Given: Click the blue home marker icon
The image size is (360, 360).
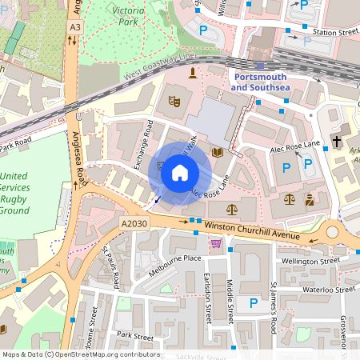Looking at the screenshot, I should point(180,171).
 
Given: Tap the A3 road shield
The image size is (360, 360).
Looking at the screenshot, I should point(74,27).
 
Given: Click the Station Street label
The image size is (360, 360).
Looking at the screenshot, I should point(334,33).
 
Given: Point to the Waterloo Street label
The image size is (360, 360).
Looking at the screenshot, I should point(323,289).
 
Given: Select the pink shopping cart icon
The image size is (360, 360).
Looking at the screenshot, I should point(215,246).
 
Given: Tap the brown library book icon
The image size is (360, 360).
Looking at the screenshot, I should point(217,152).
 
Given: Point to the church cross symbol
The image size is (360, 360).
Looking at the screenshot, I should point(338,142).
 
